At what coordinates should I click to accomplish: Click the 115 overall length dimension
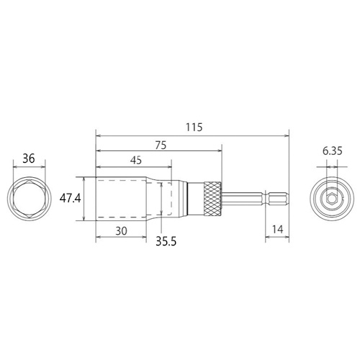point(194,127)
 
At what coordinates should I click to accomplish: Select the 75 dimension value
point(161,145)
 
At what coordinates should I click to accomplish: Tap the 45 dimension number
point(136,161)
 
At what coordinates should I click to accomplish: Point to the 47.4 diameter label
point(71,199)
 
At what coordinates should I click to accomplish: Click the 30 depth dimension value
point(121,231)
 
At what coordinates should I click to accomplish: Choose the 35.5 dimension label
point(166,241)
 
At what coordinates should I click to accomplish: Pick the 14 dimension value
point(277,230)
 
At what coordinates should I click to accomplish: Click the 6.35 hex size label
point(333,151)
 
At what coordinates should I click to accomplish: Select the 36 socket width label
point(29,158)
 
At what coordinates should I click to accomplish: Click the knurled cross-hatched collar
point(213,199)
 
